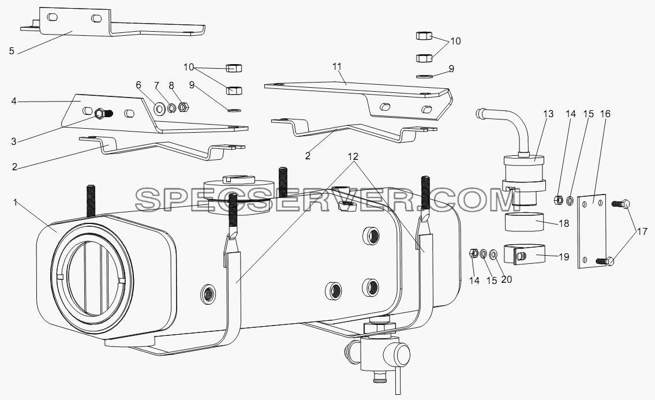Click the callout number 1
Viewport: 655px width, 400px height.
point(16,202)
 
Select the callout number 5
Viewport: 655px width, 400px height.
point(12,51)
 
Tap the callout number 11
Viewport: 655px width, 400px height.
point(337,66)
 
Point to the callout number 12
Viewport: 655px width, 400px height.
point(353,156)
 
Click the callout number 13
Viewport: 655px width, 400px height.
point(548,114)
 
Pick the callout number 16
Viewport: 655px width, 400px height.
point(605,114)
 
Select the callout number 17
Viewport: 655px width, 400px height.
point(642,231)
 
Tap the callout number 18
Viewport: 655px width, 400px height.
point(563,223)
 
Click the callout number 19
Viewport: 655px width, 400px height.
point(563,257)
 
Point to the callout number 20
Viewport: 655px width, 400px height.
point(506,279)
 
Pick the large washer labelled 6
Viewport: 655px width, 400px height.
point(160,109)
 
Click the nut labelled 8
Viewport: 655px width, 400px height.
point(182,107)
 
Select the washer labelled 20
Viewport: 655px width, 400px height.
point(493,254)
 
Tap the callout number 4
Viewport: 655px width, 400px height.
point(14,101)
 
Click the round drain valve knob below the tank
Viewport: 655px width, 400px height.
point(402,353)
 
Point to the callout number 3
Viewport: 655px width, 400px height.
point(14,141)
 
